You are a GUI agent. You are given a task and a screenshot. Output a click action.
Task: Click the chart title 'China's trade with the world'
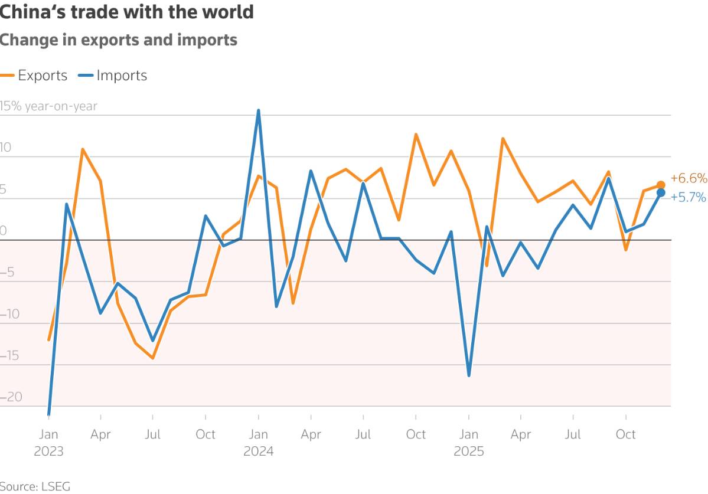(x=126, y=12)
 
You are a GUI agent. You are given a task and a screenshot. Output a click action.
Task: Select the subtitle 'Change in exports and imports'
(x=118, y=40)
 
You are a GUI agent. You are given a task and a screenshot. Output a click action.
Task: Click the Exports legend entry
(x=34, y=76)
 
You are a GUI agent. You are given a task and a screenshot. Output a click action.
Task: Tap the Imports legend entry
(x=113, y=76)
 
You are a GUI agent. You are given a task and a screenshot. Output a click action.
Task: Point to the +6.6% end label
(x=689, y=178)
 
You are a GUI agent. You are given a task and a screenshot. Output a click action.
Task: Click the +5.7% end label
(x=688, y=197)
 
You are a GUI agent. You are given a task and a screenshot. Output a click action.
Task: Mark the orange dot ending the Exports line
(x=661, y=185)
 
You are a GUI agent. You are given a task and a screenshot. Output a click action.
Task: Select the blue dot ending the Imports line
(x=661, y=192)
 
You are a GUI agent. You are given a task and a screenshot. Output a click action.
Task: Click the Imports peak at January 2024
(x=258, y=110)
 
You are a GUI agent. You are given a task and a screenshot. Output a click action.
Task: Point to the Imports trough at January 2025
(x=469, y=375)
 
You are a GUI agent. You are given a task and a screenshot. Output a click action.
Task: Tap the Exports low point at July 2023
(x=153, y=358)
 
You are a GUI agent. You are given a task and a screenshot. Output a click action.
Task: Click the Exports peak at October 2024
(x=416, y=135)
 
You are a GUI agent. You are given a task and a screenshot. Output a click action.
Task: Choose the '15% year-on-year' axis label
(x=48, y=106)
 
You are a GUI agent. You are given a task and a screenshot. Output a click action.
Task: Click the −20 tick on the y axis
(x=11, y=397)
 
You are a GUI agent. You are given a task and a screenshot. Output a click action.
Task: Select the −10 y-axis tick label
(x=10, y=314)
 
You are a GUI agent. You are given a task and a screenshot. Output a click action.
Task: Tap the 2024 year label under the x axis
(x=258, y=451)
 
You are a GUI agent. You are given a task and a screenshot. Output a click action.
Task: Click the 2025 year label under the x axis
(x=469, y=451)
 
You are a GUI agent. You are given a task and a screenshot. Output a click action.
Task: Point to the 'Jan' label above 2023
(x=48, y=434)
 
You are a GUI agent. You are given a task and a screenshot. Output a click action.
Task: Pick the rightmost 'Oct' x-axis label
(x=626, y=434)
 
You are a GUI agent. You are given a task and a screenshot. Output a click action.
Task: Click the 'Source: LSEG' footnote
(x=35, y=486)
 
